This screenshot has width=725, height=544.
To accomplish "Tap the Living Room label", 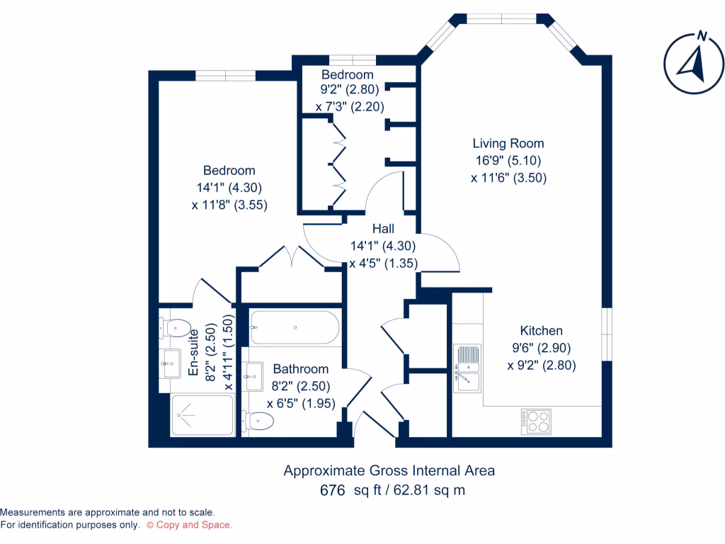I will point(508,144).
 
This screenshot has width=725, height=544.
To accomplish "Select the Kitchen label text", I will point(541,331).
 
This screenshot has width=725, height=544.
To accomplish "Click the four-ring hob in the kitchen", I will point(536,421).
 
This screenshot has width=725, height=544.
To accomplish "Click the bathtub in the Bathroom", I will point(294,327).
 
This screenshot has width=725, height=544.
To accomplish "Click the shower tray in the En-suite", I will point(202,415).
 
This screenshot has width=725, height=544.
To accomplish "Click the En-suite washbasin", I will point(171,363).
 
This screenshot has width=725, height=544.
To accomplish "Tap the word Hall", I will point(383,229).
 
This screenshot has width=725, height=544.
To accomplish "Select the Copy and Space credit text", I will point(189,525).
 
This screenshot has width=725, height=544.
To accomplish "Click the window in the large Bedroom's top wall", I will point(225,75).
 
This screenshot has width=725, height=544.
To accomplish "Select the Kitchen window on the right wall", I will point(606,331).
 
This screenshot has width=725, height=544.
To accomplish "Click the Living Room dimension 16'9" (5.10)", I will point(508,161).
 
